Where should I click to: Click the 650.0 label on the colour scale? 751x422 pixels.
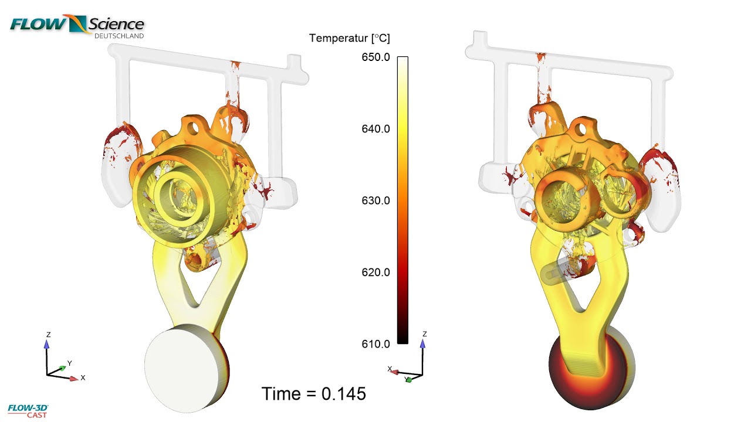375,57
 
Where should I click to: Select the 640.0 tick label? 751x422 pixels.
375,129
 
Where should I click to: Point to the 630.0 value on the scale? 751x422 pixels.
375,200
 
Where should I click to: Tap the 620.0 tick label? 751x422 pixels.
375,273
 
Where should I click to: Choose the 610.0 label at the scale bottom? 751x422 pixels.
375,344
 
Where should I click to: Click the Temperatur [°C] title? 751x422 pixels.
349,39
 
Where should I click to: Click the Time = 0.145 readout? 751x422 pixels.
313,394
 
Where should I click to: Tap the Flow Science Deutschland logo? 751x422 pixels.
77,26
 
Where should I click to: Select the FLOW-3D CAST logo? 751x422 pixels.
28,410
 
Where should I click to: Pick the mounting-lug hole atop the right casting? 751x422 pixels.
581,126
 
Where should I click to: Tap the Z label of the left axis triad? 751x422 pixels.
48,335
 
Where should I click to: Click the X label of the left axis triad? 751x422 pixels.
83,378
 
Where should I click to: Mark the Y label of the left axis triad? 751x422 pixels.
69,363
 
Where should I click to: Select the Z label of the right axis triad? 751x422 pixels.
424,334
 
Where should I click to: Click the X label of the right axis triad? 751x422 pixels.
390,369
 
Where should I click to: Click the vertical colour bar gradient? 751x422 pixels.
402,199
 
